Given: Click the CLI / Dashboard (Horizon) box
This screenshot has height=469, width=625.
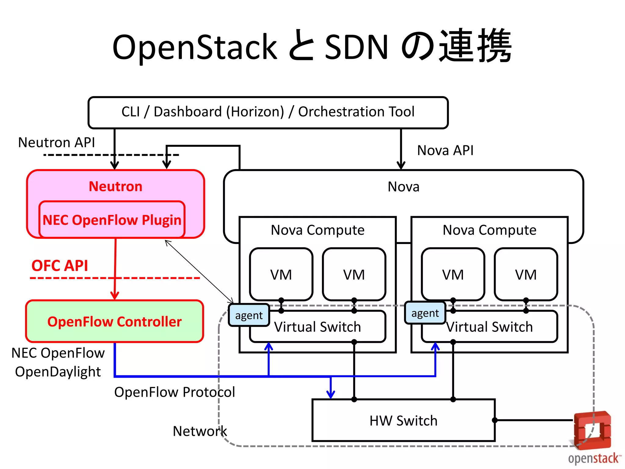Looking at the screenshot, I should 268,112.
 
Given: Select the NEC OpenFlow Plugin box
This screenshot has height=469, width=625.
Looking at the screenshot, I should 112,220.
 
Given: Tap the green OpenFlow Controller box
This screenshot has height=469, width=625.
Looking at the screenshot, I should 114,322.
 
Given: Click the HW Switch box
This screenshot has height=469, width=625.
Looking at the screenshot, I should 403,421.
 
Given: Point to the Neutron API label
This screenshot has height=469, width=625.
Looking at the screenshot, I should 56,143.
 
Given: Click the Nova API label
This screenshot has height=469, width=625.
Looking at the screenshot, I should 445,151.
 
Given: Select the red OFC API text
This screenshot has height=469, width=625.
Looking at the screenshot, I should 60,265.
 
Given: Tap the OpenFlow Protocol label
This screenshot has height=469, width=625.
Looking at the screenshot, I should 175,392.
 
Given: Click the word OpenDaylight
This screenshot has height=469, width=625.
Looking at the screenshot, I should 58,372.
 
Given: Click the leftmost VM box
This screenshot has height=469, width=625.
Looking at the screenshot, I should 281,274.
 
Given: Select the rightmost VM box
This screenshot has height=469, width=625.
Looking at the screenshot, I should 526,274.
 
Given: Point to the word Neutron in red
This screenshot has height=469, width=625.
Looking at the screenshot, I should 115,186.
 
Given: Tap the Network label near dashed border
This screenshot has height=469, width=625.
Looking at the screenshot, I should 200,431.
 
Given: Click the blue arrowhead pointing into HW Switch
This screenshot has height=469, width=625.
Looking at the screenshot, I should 331,394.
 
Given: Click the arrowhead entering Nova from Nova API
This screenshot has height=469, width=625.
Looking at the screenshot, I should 401,165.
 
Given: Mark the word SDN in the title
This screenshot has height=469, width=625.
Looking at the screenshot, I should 356,47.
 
